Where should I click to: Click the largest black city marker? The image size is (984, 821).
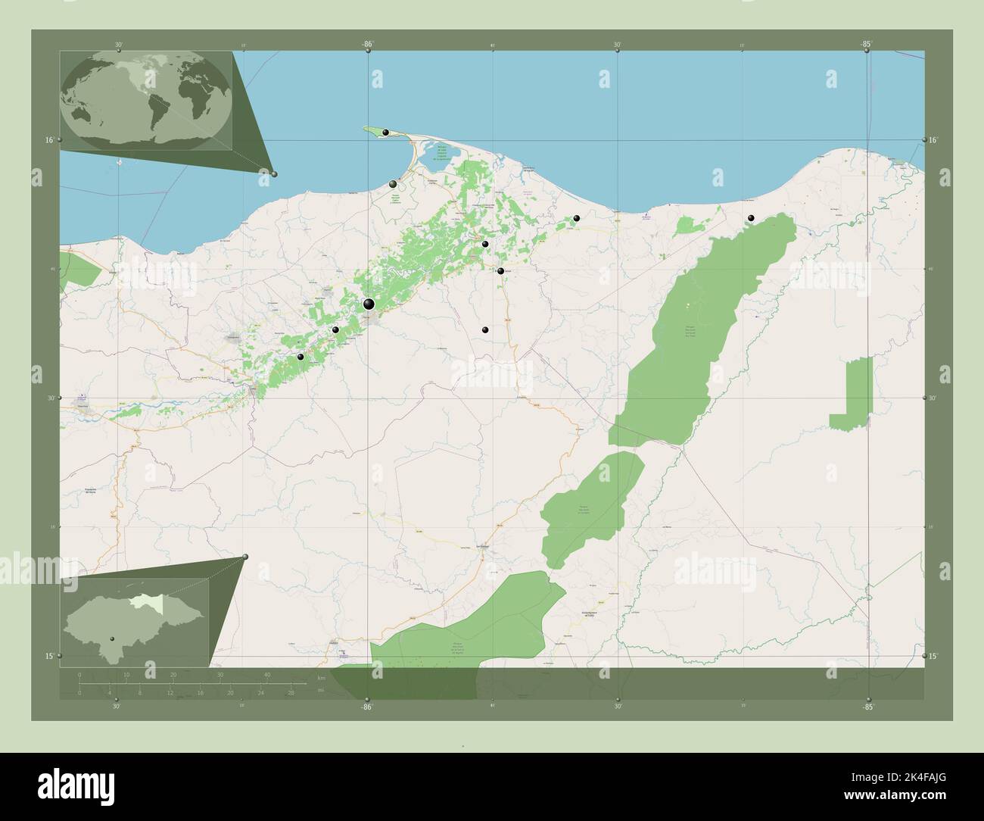369,304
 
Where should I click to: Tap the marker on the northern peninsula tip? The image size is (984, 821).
386,133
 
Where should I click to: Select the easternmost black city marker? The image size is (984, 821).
751,218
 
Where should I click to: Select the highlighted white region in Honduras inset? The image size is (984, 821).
139,602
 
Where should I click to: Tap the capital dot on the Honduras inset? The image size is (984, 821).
112,638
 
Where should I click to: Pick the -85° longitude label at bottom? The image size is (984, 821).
867,707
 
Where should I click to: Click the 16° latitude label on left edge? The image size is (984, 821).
48,140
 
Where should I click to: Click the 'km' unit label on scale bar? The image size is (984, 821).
321,678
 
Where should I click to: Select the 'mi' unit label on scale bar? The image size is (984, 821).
321,690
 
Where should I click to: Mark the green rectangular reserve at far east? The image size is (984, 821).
852,394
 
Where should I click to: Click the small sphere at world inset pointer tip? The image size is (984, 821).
274,174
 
